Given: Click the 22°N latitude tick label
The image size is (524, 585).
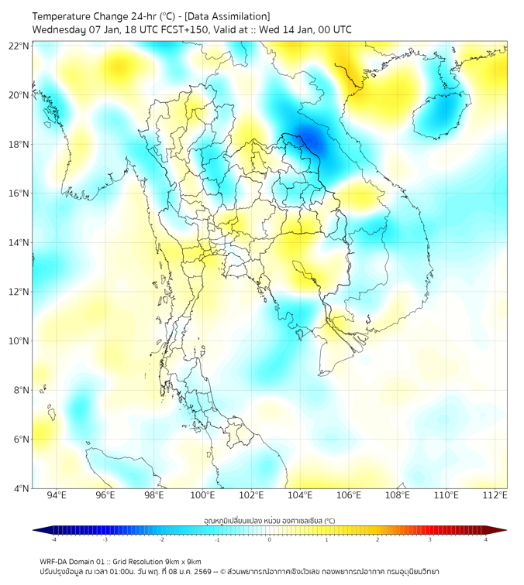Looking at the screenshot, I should pos(19,46).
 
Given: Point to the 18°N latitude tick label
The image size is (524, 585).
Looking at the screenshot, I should pos(19,145).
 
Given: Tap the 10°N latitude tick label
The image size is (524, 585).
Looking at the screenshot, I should pos(19,341).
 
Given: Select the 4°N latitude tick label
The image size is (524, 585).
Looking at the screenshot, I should pos(22,488).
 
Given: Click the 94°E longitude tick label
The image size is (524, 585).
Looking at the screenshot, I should pos(57,495).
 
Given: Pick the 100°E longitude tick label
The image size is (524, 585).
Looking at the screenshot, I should pos(203,495).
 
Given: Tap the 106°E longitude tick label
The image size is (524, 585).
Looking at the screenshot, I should pos(350,495).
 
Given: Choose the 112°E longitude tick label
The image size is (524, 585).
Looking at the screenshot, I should pos(495,495).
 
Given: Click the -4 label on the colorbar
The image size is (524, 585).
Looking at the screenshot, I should pos(53,539).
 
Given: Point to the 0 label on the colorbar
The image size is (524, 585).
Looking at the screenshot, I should pos(270,539).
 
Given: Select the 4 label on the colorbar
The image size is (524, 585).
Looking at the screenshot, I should pos(486,539).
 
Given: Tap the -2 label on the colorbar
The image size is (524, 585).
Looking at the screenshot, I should pos(161,539).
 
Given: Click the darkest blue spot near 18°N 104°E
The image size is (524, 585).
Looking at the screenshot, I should pos(305,140).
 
